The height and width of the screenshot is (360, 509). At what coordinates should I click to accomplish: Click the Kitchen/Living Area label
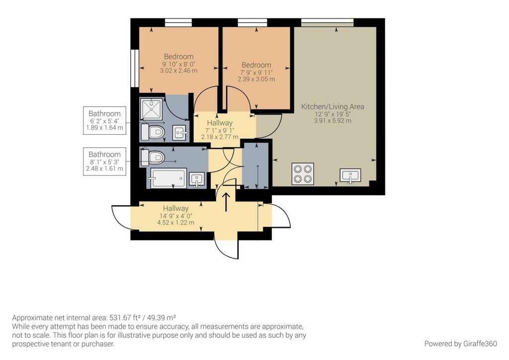[x=333, y=106]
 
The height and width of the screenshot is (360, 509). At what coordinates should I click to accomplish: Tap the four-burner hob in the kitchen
[x=303, y=174]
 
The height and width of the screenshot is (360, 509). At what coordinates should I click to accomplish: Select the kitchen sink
[x=350, y=176]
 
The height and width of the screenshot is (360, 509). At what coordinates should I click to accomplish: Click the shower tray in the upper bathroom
[x=152, y=108]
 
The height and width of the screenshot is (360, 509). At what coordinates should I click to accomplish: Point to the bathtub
[x=168, y=178]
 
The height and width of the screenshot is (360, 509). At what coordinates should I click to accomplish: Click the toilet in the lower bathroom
[x=152, y=157]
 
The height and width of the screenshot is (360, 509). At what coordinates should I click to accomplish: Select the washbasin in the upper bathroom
[x=179, y=133]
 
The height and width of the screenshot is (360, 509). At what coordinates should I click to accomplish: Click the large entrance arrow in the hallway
[x=226, y=202]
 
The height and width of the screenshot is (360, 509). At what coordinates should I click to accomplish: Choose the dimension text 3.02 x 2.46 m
[x=178, y=71]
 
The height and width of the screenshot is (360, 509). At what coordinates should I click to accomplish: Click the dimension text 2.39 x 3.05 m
[x=256, y=79]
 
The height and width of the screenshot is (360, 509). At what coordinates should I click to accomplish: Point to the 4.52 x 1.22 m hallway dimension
[x=175, y=223]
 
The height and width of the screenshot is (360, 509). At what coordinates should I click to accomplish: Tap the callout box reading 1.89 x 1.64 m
[x=104, y=120]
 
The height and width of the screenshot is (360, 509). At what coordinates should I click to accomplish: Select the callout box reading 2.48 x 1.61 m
[x=104, y=161]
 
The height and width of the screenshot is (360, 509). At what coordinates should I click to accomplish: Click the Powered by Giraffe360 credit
[x=460, y=344]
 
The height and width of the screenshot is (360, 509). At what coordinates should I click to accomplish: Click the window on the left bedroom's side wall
[x=134, y=68]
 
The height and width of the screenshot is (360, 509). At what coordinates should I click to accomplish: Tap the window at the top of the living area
[x=327, y=22]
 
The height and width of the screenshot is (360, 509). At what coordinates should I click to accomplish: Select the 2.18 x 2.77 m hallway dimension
[x=220, y=137]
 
